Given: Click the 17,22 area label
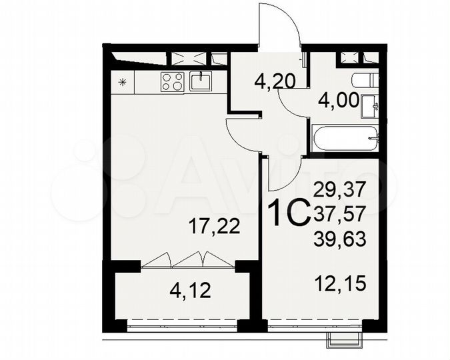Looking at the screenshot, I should [x=215, y=227].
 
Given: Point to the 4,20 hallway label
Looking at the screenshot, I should [x=275, y=83].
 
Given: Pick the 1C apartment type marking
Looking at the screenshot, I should [x=287, y=213].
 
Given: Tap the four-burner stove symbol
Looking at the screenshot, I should [x=172, y=81].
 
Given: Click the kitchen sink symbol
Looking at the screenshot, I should [x=200, y=81].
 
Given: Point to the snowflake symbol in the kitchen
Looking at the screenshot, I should [x=122, y=83].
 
